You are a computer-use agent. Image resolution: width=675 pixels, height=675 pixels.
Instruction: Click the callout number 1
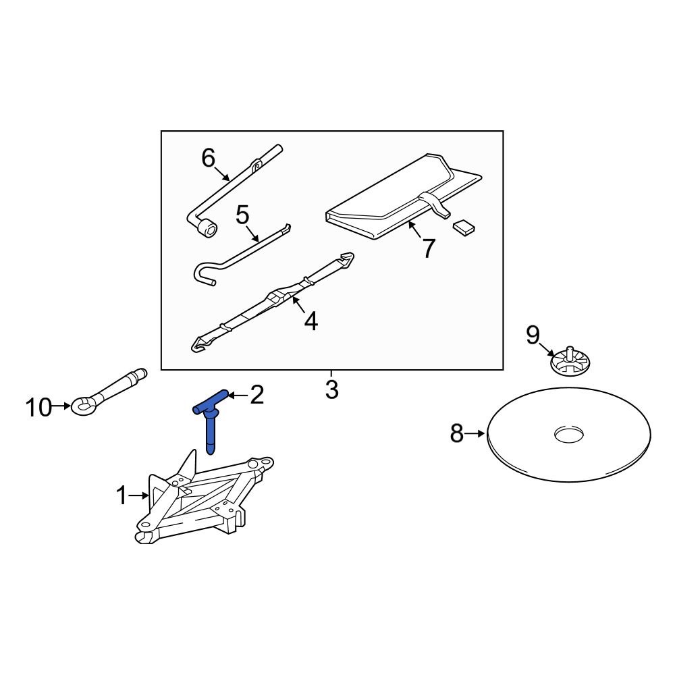point(122,497)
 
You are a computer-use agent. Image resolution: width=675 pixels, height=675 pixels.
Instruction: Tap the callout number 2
point(256,396)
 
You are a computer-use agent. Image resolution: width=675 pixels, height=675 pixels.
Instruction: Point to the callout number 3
point(331,390)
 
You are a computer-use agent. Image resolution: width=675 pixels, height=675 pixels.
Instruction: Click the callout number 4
point(310,322)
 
